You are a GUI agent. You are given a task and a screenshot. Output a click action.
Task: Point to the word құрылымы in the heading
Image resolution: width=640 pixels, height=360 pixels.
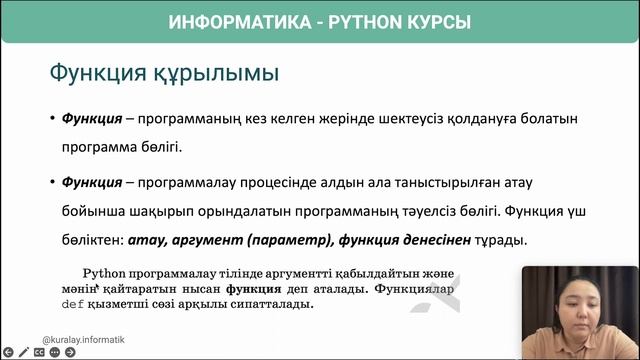click(x=214, y=74)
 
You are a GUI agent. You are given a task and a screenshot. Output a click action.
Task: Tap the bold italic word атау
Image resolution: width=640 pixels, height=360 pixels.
click(x=149, y=241)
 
